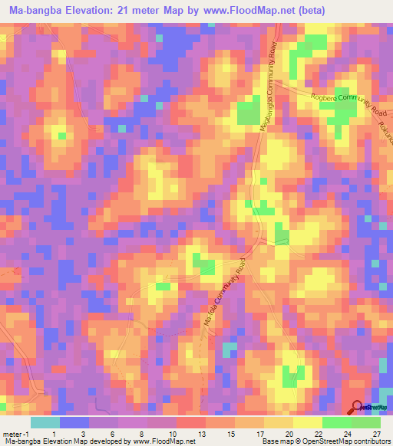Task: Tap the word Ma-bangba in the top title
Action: (33, 10)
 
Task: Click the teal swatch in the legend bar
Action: (45, 422)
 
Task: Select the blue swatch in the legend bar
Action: (74, 422)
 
